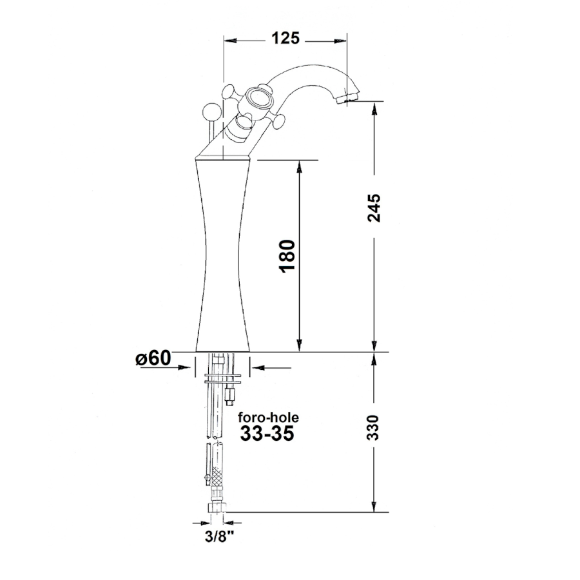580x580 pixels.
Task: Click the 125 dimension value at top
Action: pyautogui.click(x=285, y=38)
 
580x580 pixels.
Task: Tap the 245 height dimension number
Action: pyautogui.click(x=374, y=208)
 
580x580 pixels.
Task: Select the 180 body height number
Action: pyautogui.click(x=289, y=256)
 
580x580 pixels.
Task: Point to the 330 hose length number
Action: pyautogui.click(x=374, y=428)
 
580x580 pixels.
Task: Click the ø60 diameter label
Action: pyautogui.click(x=153, y=358)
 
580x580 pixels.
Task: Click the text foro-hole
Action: pyautogui.click(x=268, y=418)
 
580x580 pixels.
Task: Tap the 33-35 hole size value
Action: pyautogui.click(x=267, y=433)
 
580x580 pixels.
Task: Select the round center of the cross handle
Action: pyautogui.click(x=255, y=99)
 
